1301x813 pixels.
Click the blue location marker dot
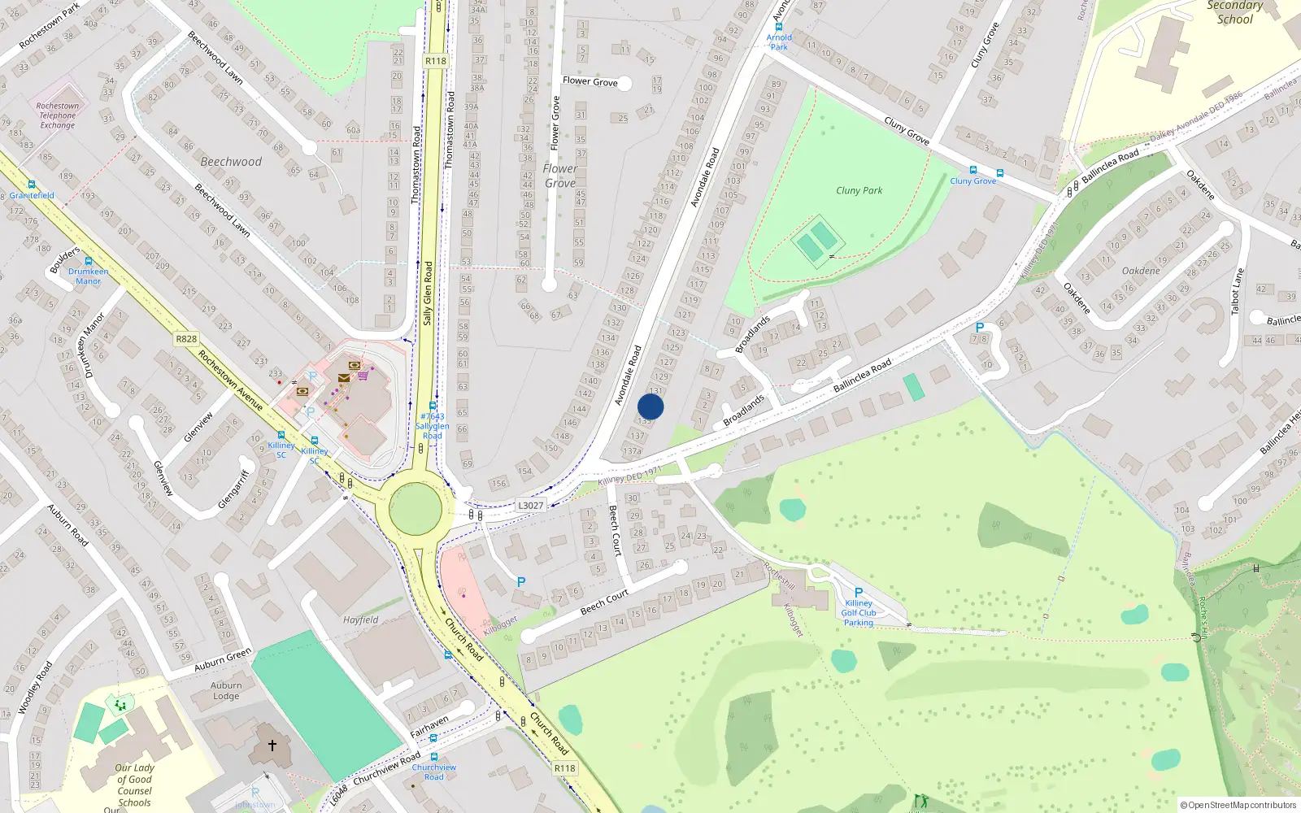(650, 406)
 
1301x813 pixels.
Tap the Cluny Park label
(859, 190)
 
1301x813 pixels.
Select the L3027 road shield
(530, 506)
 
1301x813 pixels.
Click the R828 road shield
(186, 339)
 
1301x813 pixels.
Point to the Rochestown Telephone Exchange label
(58, 115)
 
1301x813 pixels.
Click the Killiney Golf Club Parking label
(859, 613)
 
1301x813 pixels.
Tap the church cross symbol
(272, 744)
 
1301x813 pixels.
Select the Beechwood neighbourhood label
(231, 162)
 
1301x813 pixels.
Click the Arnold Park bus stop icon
(779, 27)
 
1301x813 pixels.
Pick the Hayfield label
(360, 620)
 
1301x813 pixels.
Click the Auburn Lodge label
(226, 690)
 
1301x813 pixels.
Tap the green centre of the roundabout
(416, 509)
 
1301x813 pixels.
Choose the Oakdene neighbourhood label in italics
(1141, 271)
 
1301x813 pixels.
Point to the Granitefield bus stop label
(32, 195)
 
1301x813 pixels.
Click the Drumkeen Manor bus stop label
(88, 276)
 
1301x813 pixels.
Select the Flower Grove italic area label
(560, 176)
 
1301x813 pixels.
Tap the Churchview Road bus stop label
(433, 772)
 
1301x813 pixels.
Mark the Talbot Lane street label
(1238, 291)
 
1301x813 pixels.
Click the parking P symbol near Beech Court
(521, 582)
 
